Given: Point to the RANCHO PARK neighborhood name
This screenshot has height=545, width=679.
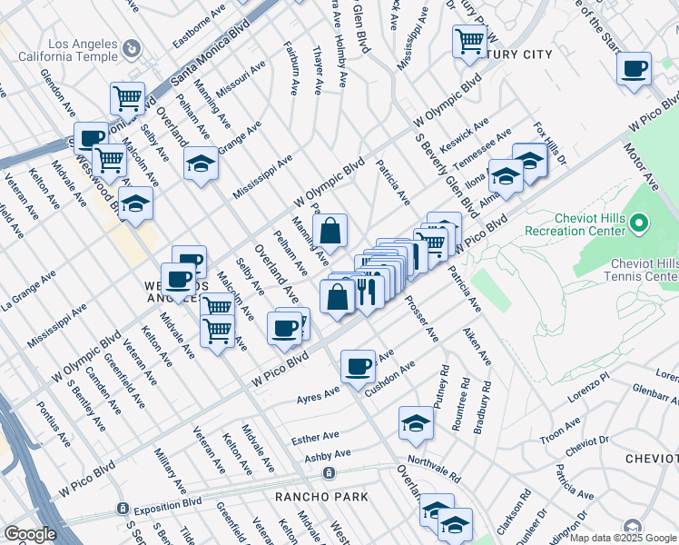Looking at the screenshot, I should [x=322, y=497].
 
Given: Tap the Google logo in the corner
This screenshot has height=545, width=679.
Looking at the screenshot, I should [x=30, y=534].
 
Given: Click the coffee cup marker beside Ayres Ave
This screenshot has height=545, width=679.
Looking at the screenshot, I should [x=358, y=366].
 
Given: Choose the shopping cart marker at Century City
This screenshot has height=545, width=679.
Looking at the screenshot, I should [x=469, y=41].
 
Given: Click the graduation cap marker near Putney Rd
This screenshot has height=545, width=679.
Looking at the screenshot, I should [x=416, y=423].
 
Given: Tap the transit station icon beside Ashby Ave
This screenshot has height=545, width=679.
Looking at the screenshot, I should [x=328, y=472].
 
